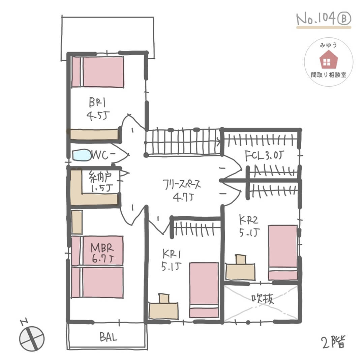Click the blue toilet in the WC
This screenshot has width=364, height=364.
pos(82,155)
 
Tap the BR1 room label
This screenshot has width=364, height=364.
pos(97,102)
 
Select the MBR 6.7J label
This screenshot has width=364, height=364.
pos(102,253)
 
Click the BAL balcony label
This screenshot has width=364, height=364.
pos(109,337)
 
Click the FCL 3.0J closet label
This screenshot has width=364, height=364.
pos(264,155)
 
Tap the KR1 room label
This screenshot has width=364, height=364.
pos(171,254)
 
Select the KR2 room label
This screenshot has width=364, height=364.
pos(249,220)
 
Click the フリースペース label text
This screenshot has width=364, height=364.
pos(182,185)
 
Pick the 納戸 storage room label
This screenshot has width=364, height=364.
pos(100,177)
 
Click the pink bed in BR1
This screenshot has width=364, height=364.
pos(97,72)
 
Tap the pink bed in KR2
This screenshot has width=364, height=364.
pos(283,252)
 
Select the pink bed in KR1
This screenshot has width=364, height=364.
pos(204,290)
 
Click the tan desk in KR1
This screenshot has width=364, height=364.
pos(163,306)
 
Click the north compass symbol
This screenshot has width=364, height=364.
pos(31,337)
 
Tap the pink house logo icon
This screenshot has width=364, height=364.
pos(329,59)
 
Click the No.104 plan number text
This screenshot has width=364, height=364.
pos(316,19)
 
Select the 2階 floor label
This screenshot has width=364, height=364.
pos(334,342)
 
